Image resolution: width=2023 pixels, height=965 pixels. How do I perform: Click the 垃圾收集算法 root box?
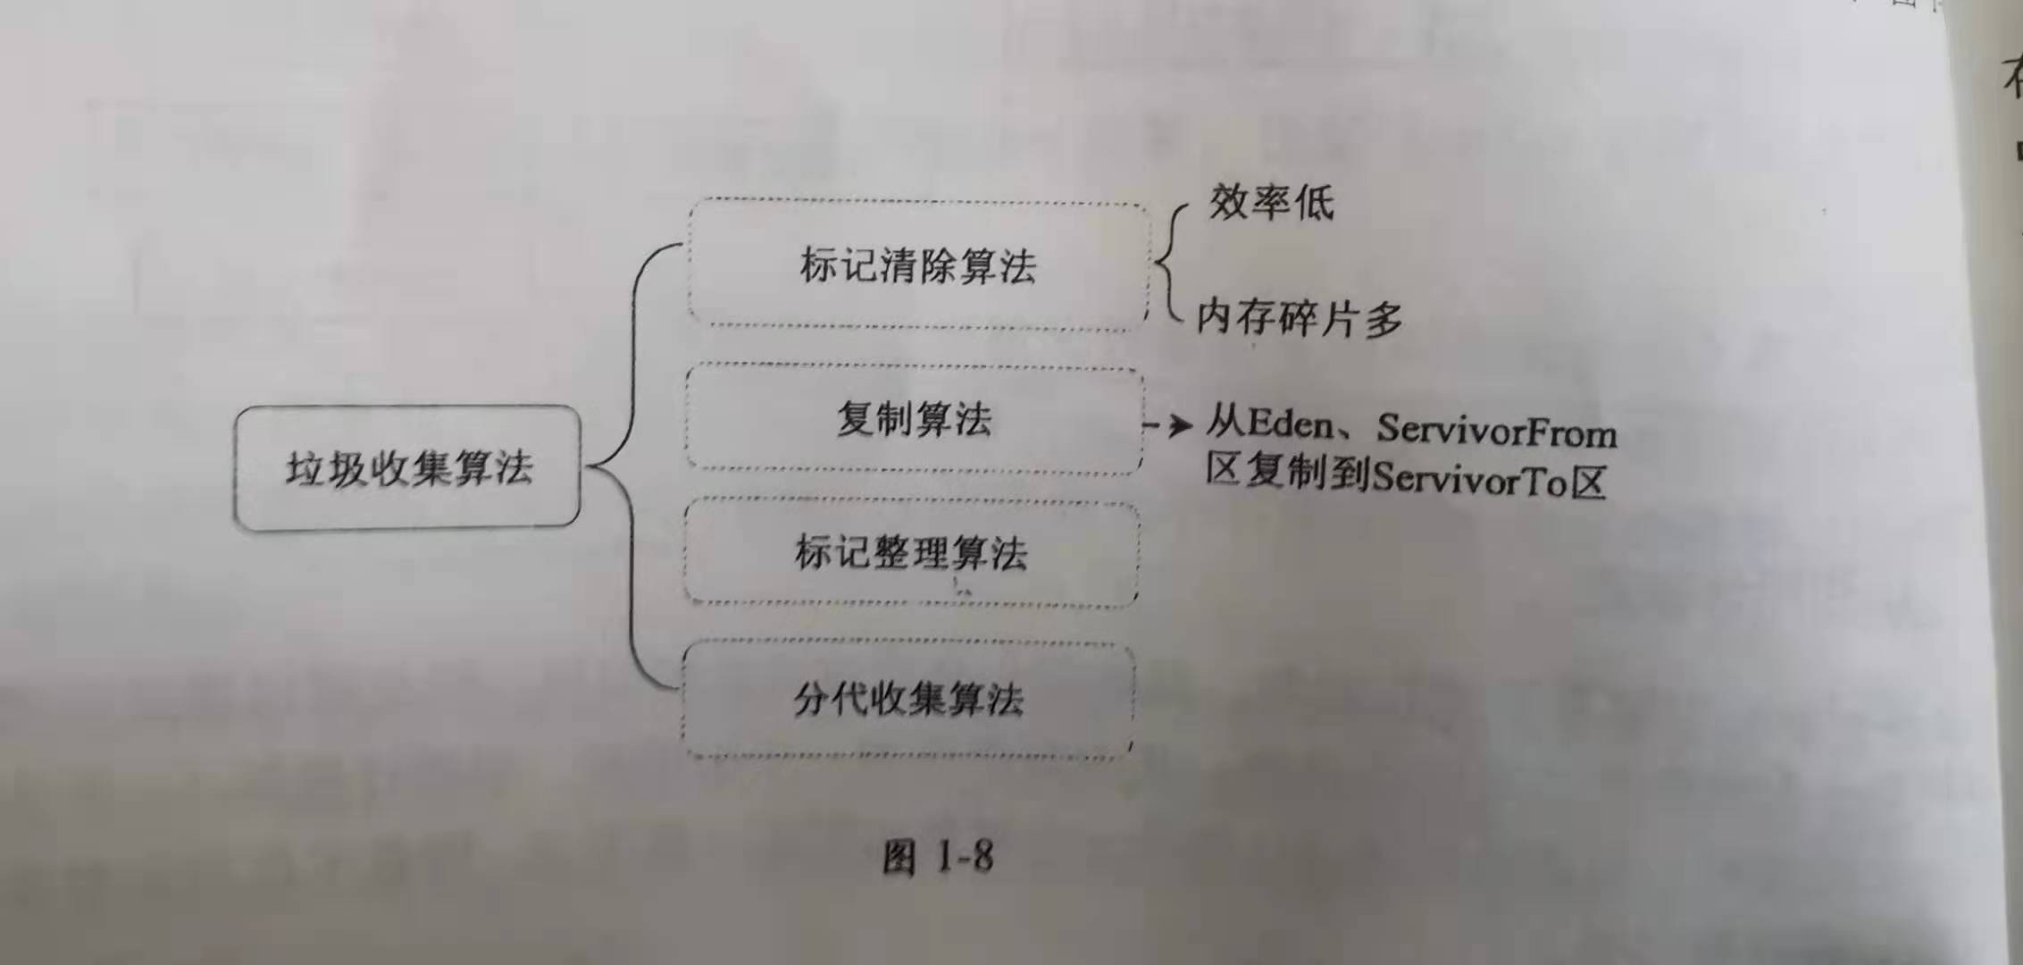[407, 468]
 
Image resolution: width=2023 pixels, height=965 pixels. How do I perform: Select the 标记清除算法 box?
[917, 265]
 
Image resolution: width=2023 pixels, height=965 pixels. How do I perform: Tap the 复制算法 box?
[914, 419]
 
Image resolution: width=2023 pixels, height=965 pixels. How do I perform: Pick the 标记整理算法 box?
[911, 553]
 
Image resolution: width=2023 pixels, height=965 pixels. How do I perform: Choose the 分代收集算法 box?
[908, 700]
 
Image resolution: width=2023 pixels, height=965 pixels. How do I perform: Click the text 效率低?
[1271, 203]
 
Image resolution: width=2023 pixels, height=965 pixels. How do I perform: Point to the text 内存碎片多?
[1299, 317]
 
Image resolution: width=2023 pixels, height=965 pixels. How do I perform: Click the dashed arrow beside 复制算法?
[1169, 425]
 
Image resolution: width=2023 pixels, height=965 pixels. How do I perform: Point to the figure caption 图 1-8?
[937, 857]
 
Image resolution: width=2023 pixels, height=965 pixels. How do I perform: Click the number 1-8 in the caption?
[965, 857]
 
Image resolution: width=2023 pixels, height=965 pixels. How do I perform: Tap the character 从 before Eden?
[1225, 421]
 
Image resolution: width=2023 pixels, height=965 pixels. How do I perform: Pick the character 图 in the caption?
[899, 858]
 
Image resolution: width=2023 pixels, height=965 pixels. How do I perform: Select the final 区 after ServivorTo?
[1589, 482]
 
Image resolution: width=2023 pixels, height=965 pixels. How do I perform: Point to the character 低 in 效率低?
[1314, 203]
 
